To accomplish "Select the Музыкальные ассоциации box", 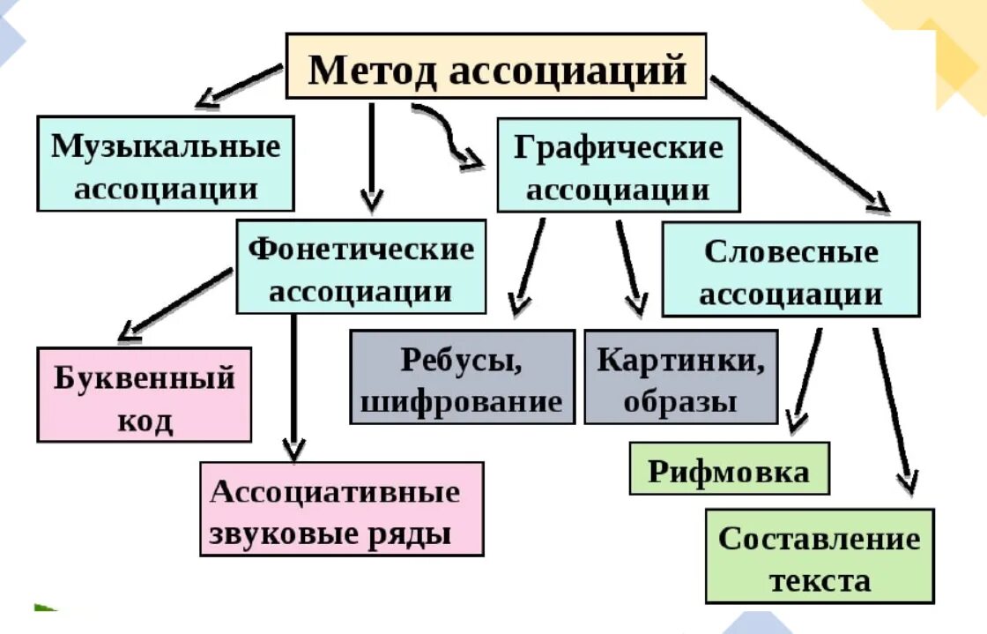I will point(166,164).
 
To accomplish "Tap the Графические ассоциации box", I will point(618,166).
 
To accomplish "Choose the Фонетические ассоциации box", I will point(360,266).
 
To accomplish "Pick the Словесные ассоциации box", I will point(790,269).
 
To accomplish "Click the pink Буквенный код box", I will point(145,394).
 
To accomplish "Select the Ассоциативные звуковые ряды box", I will point(341,509).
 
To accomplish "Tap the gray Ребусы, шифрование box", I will point(462,377).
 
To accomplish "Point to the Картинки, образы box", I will point(680,377).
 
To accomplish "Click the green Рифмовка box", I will point(729,468).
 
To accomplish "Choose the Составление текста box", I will point(819,556).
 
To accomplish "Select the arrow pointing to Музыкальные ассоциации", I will point(238,86).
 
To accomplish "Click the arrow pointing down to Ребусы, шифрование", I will point(529,265).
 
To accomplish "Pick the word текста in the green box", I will point(819,580).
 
